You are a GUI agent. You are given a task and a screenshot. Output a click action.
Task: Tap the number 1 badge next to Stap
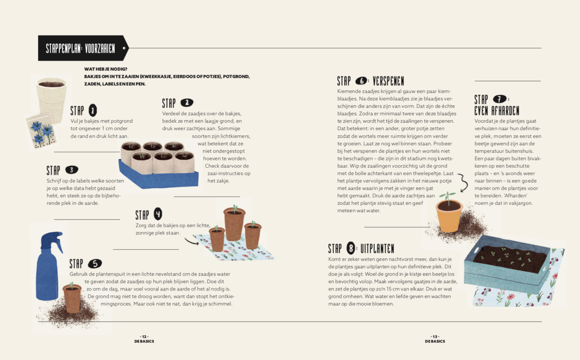(93, 111)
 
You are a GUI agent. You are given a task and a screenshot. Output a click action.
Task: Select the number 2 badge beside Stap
(187, 102)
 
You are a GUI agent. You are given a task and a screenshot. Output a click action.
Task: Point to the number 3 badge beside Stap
(71, 170)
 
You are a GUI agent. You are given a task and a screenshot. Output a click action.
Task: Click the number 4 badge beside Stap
(158, 214)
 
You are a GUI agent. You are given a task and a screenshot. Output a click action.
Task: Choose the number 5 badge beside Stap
(95, 263)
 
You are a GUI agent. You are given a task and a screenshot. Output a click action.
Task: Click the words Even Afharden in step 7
(496, 110)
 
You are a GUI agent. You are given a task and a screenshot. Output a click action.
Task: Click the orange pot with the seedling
(449, 215)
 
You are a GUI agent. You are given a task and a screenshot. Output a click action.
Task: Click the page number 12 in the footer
(144, 336)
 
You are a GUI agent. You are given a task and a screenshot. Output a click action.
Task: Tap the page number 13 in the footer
(435, 336)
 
